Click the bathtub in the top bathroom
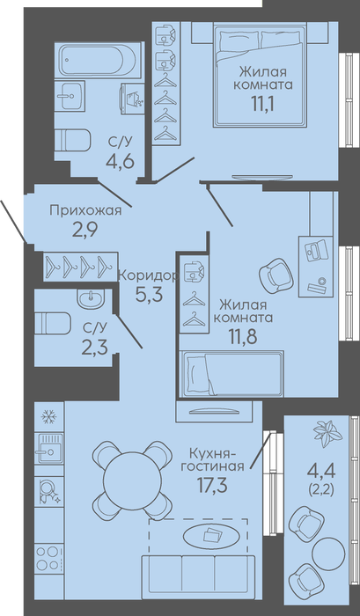pyautogui.click(x=99, y=60)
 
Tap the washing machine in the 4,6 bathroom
pyautogui.click(x=132, y=99)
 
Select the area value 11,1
pyautogui.click(x=263, y=105)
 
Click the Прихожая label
pyautogui.click(x=85, y=210)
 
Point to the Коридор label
pyautogui.click(x=148, y=275)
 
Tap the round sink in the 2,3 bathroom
pyautogui.click(x=91, y=299)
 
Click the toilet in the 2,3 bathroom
pyautogui.click(x=53, y=323)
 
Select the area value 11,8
pyautogui.click(x=243, y=336)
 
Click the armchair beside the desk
pyautogui.click(x=276, y=275)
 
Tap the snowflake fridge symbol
pyautogui.click(x=49, y=416)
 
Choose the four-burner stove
pyautogui.click(x=48, y=559)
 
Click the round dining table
pyautogui.click(x=132, y=479)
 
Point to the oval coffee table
pyautogui.click(x=211, y=535)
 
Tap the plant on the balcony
pyautogui.click(x=327, y=434)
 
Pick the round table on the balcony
pyautogui.click(x=328, y=554)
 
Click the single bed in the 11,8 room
pyautogui.click(x=231, y=374)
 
